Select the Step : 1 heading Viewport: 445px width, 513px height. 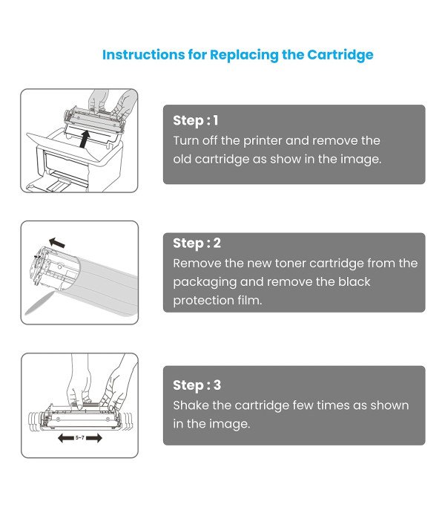pos(196,120)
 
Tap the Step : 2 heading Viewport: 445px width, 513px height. pos(197,243)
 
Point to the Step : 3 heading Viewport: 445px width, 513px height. pos(197,385)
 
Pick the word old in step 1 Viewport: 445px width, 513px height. pos(183,159)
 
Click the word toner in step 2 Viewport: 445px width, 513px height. pos(292,263)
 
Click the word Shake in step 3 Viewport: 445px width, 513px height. pos(191,405)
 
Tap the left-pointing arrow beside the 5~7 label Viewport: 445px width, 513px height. pos(65,440)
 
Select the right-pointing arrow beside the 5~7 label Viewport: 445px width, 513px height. pos(95,440)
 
